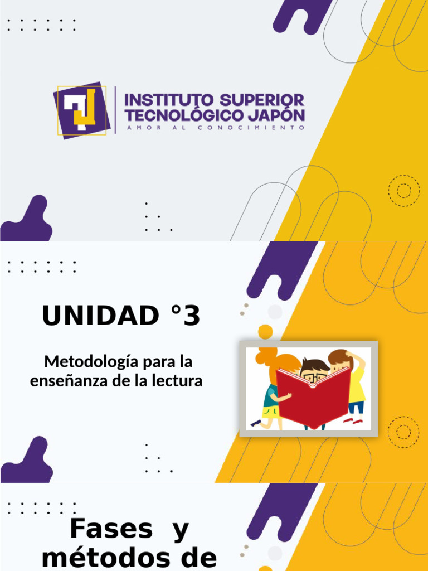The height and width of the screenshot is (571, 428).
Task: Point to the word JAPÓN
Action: pyautogui.click(x=277, y=115)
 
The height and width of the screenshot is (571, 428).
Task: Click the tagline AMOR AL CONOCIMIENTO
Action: pyautogui.click(x=215, y=128)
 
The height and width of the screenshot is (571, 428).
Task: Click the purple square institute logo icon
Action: pyautogui.click(x=82, y=110)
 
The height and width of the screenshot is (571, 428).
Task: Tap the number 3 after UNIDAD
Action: pyautogui.click(x=191, y=317)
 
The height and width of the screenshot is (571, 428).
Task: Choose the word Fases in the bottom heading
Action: pyautogui.click(x=111, y=529)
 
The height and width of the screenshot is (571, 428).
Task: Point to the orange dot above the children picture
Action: pyautogui.click(x=265, y=332)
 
